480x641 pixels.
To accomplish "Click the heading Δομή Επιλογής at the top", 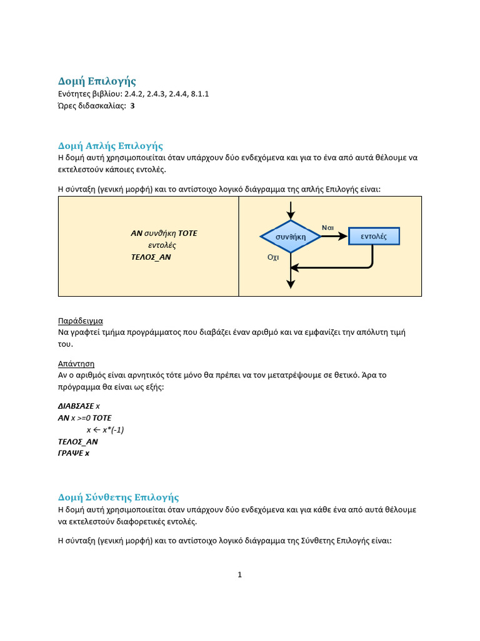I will [x=97, y=81].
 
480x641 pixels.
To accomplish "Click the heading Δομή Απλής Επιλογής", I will [x=111, y=146].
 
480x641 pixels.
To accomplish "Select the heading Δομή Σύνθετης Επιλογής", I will [x=119, y=497].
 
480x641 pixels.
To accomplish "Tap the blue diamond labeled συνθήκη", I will [x=291, y=237].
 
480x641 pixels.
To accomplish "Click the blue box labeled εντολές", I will [x=374, y=236].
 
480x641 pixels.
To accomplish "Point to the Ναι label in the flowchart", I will [x=328, y=227].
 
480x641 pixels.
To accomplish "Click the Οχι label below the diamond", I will [x=273, y=257].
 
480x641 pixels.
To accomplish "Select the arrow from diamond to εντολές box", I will [x=335, y=236].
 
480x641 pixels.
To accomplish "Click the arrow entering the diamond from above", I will [x=291, y=210].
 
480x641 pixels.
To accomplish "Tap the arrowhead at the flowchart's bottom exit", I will [x=291, y=284].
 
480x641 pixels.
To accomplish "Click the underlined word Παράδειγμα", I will [x=80, y=320].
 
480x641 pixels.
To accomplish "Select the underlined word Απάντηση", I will [x=76, y=364].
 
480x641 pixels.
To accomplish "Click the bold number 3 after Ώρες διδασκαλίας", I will [x=132, y=106].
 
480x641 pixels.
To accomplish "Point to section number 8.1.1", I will [x=197, y=94].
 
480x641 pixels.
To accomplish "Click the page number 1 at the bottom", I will [x=239, y=575].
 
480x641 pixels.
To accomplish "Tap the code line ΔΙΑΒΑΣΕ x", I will [x=79, y=406].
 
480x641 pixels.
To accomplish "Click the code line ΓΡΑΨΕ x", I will [x=74, y=453].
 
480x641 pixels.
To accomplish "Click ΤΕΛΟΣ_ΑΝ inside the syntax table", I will [x=151, y=257].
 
